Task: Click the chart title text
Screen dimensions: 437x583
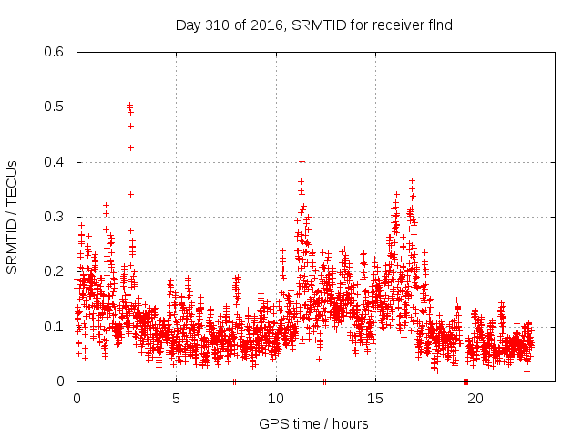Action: tap(314, 25)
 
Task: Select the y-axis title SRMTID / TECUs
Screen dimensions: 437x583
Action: tap(12, 217)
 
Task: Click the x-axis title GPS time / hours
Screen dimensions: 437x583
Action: tap(314, 423)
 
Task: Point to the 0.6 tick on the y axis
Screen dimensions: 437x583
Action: tap(56, 52)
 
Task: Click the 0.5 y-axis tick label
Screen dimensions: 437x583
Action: tap(56, 107)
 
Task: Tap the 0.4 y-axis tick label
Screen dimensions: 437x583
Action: tap(56, 162)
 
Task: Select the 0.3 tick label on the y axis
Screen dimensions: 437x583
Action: tap(56, 217)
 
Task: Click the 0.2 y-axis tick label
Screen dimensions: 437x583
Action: tap(56, 271)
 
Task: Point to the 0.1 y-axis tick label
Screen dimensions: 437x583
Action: tap(56, 326)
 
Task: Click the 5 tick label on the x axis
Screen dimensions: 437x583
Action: tap(176, 398)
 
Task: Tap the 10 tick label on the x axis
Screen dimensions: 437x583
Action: tap(276, 398)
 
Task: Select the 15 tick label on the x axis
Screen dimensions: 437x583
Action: tap(375, 398)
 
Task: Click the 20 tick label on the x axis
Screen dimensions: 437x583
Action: tap(476, 398)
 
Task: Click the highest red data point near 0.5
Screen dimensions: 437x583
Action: tap(129, 105)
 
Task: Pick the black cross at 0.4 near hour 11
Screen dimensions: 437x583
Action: tap(302, 161)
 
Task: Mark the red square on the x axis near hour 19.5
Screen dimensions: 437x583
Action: tap(465, 381)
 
